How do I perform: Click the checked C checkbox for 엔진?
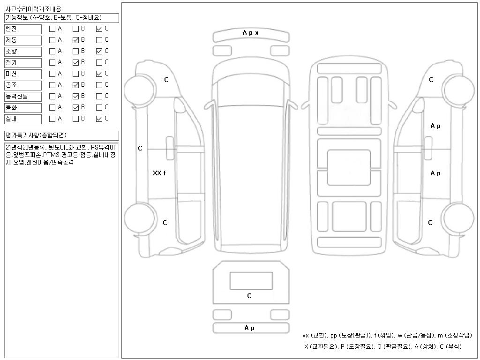pos(99,29)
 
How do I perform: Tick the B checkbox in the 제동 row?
pos(75,40)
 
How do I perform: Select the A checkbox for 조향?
pos(52,52)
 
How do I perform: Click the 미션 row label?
pos(23,74)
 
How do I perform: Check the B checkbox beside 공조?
pos(75,85)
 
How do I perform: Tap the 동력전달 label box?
pos(23,97)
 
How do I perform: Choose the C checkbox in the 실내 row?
pos(99,119)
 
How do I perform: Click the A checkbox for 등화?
pos(52,108)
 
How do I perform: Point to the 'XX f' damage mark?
pos(159,173)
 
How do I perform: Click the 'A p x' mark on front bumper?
pos(251,33)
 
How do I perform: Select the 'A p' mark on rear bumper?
pos(249,328)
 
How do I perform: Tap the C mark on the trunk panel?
pos(249,296)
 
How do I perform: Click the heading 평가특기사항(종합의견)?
pos(36,135)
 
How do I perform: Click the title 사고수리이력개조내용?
pos(33,9)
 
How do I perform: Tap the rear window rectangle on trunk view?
pos(251,281)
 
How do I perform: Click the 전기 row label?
pos(23,63)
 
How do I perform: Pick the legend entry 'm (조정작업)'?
pos(455,336)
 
